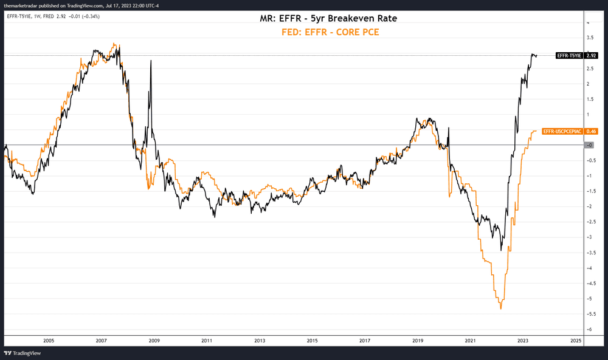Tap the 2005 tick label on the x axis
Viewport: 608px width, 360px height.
49,341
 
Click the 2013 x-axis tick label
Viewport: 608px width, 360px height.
260,341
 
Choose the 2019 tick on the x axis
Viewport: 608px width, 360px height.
418,341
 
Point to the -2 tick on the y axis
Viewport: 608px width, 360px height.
588,206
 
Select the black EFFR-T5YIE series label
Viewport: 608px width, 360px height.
570,55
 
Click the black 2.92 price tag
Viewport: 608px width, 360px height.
590,55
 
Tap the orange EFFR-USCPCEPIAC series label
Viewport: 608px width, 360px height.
562,131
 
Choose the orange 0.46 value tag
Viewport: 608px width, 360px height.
590,131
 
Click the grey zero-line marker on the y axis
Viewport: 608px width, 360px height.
589,145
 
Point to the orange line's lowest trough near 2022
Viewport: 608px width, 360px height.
501,308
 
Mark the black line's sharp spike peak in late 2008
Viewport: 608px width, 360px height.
150,61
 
